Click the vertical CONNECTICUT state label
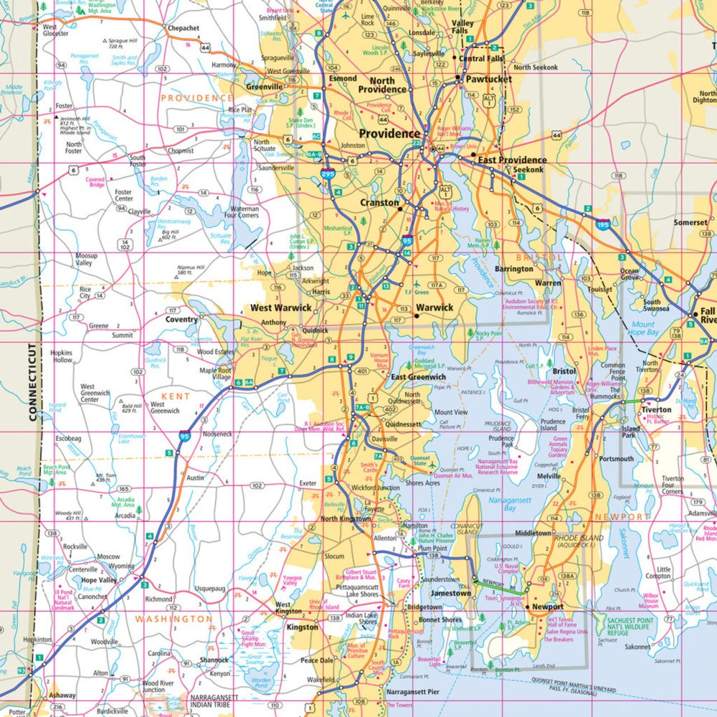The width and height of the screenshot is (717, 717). [x=32, y=381]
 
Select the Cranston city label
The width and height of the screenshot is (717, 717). [x=379, y=203]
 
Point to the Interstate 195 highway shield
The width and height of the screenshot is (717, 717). [x=605, y=224]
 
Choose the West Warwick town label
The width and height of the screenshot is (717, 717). [x=280, y=308]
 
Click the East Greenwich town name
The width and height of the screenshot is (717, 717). [x=417, y=377]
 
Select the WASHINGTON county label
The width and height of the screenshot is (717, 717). [x=174, y=618]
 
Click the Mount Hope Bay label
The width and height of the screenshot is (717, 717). [x=643, y=328]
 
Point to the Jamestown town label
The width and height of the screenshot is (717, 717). [x=450, y=594]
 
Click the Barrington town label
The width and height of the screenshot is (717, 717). [x=514, y=269]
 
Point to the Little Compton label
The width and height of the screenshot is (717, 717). [x=658, y=572]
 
